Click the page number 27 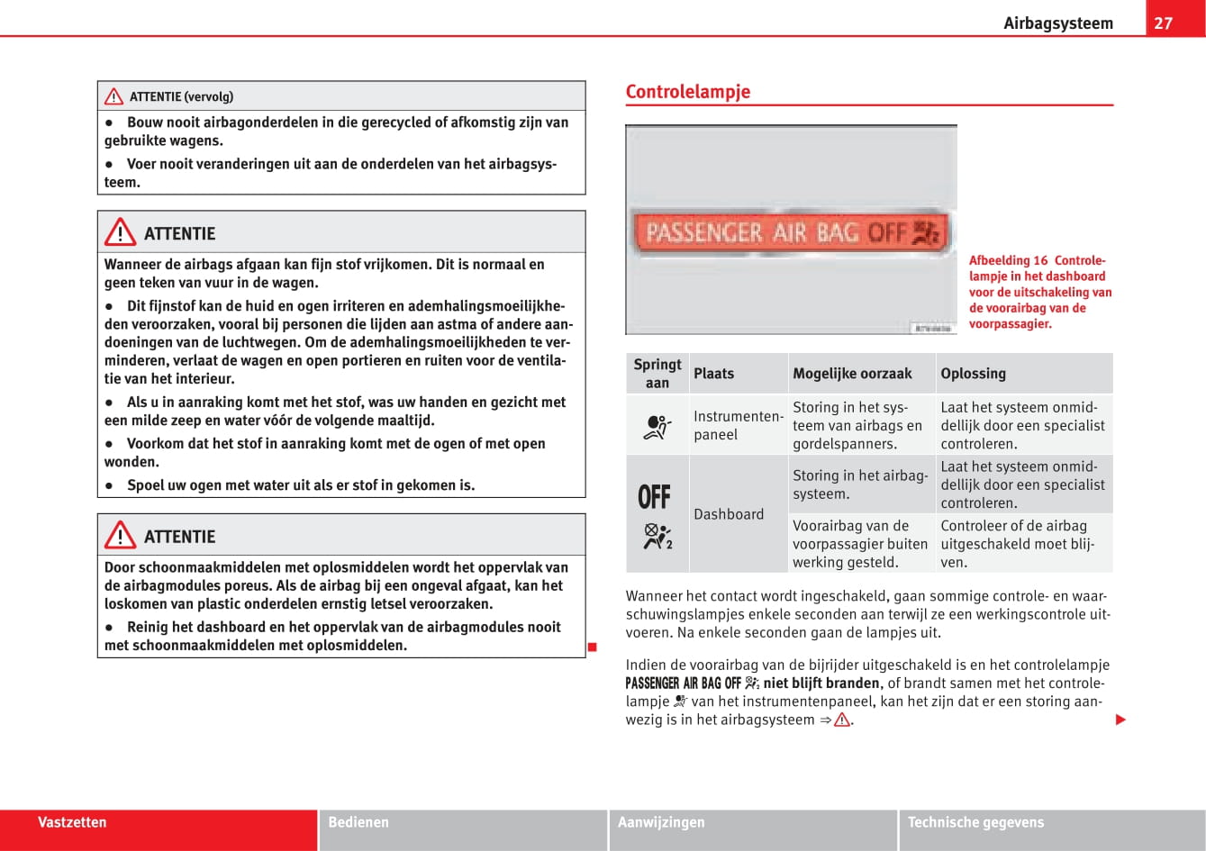[1163, 23]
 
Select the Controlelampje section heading [687, 92]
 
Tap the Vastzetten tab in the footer [72, 822]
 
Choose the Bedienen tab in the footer [358, 822]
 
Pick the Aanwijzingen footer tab [661, 822]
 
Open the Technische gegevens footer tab [975, 822]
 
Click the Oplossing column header [973, 374]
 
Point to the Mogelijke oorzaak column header [852, 374]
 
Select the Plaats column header [713, 374]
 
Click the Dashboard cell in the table [729, 514]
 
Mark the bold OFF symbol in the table [655, 497]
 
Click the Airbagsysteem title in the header [1057, 23]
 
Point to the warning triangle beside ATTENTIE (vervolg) [113, 96]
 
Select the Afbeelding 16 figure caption [1039, 292]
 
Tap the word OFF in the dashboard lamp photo [886, 233]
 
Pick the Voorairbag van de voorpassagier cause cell [859, 544]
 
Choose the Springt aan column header [657, 374]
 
